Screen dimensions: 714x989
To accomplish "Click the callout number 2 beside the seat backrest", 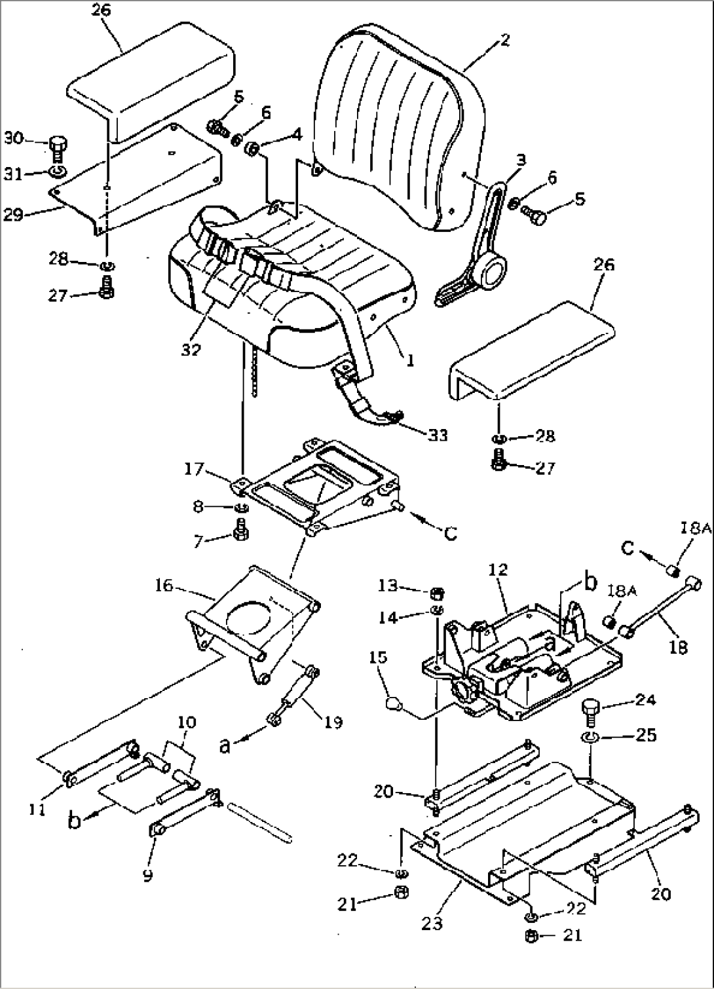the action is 505,40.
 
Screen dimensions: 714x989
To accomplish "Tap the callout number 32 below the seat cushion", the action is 191,350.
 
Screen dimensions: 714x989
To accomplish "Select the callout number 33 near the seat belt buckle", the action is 438,436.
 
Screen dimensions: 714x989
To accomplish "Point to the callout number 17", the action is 194,469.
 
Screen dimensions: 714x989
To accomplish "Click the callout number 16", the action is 164,586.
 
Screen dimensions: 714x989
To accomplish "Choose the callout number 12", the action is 498,570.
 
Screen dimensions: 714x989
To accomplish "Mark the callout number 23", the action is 432,923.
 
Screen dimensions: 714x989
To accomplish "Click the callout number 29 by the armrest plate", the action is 13,215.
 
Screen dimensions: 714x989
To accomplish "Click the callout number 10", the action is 186,723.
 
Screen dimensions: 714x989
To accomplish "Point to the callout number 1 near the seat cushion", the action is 410,361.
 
